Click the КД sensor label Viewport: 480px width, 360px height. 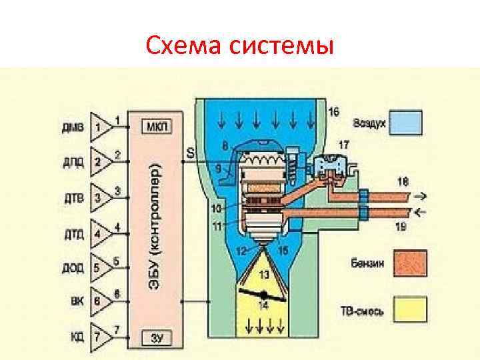click(x=77, y=337)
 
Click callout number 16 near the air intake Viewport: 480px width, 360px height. click(x=334, y=111)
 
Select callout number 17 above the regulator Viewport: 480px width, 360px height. click(x=345, y=144)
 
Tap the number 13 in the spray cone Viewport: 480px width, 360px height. click(x=265, y=274)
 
